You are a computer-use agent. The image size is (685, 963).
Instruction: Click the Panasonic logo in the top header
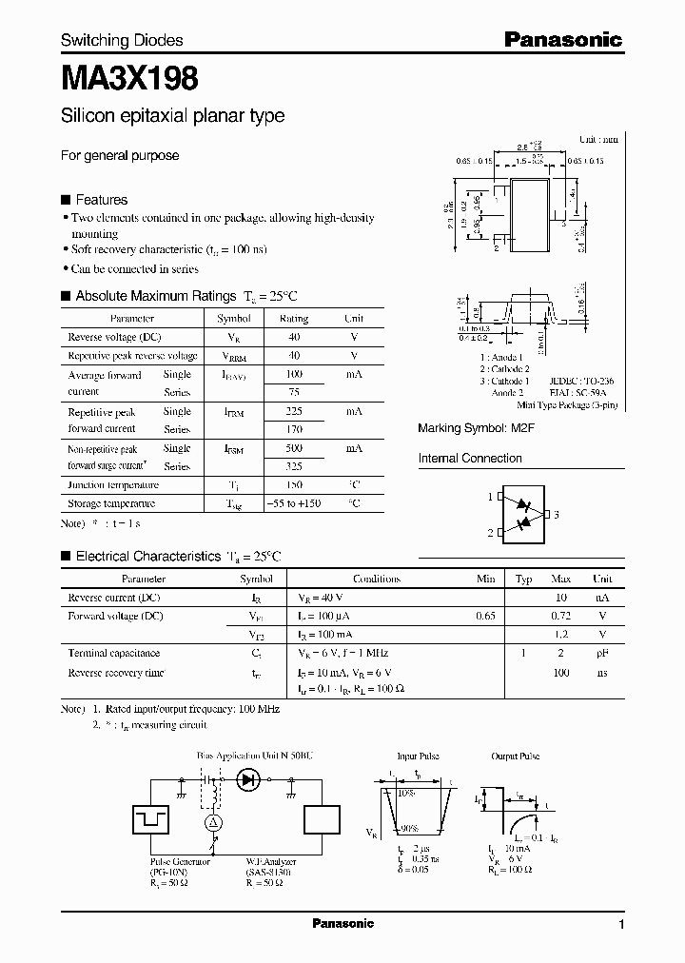coord(563,40)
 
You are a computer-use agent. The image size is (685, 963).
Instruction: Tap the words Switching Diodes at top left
coord(122,40)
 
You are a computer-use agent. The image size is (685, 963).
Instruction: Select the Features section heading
coord(101,200)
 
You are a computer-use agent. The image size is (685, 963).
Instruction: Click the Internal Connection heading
coord(470,459)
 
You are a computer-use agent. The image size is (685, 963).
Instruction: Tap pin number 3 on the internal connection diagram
coord(557,515)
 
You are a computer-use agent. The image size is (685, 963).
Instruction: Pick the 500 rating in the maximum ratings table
coord(294,448)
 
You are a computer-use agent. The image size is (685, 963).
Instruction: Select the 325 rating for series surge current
coord(294,466)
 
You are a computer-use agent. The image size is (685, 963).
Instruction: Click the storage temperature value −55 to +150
coord(294,503)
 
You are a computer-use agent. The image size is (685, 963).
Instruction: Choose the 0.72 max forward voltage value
coord(560,617)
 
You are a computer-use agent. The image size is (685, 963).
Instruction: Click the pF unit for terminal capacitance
coord(602,654)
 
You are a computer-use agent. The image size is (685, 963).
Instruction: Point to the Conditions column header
coord(377,579)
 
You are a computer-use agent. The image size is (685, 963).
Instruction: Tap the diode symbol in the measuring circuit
coord(250,779)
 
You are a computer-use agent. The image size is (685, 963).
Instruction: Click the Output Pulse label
coord(517,757)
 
